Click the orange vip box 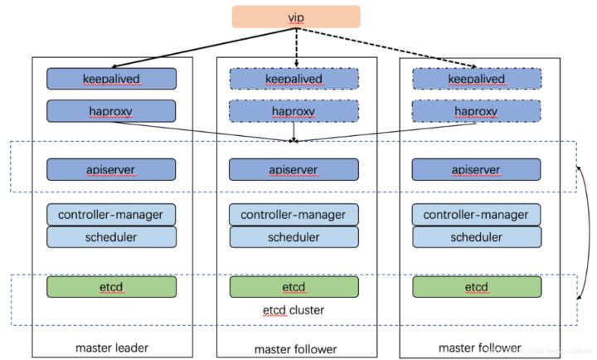click(x=296, y=17)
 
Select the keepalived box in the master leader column click(x=112, y=79)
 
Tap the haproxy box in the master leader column click(x=111, y=111)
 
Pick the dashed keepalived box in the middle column click(x=294, y=79)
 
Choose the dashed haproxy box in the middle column click(x=294, y=111)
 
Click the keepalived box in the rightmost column click(x=477, y=79)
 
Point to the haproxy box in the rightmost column click(x=476, y=111)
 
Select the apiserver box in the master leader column click(x=111, y=169)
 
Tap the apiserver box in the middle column click(x=294, y=169)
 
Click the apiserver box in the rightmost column click(x=476, y=169)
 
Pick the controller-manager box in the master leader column click(x=111, y=215)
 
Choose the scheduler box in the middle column click(x=294, y=237)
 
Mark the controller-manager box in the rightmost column click(x=476, y=215)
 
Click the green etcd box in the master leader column click(x=112, y=286)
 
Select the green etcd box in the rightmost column click(x=477, y=286)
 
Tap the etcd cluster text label click(x=294, y=310)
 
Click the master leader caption click(x=112, y=348)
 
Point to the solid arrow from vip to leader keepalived click(x=204, y=48)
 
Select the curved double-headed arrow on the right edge click(x=589, y=232)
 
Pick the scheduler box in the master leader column click(x=112, y=237)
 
